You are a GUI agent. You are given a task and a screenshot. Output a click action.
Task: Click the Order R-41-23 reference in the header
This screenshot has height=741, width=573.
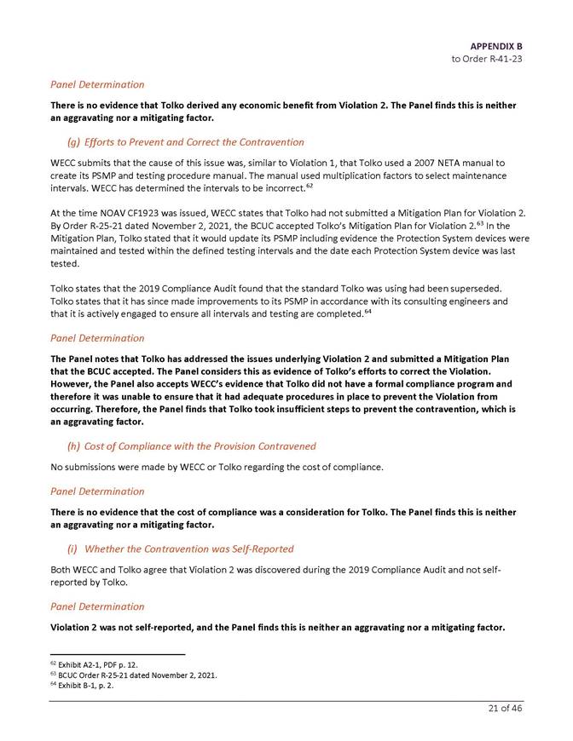487,58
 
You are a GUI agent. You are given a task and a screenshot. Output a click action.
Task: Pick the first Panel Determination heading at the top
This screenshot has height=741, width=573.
97,84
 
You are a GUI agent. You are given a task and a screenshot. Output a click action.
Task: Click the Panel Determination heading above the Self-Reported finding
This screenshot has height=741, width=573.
97,606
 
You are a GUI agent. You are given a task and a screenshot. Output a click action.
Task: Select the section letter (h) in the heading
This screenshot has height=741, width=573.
74,445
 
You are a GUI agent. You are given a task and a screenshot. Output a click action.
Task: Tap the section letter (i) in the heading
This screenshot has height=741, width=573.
73,549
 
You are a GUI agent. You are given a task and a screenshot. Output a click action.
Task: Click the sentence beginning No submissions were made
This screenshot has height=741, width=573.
217,468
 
